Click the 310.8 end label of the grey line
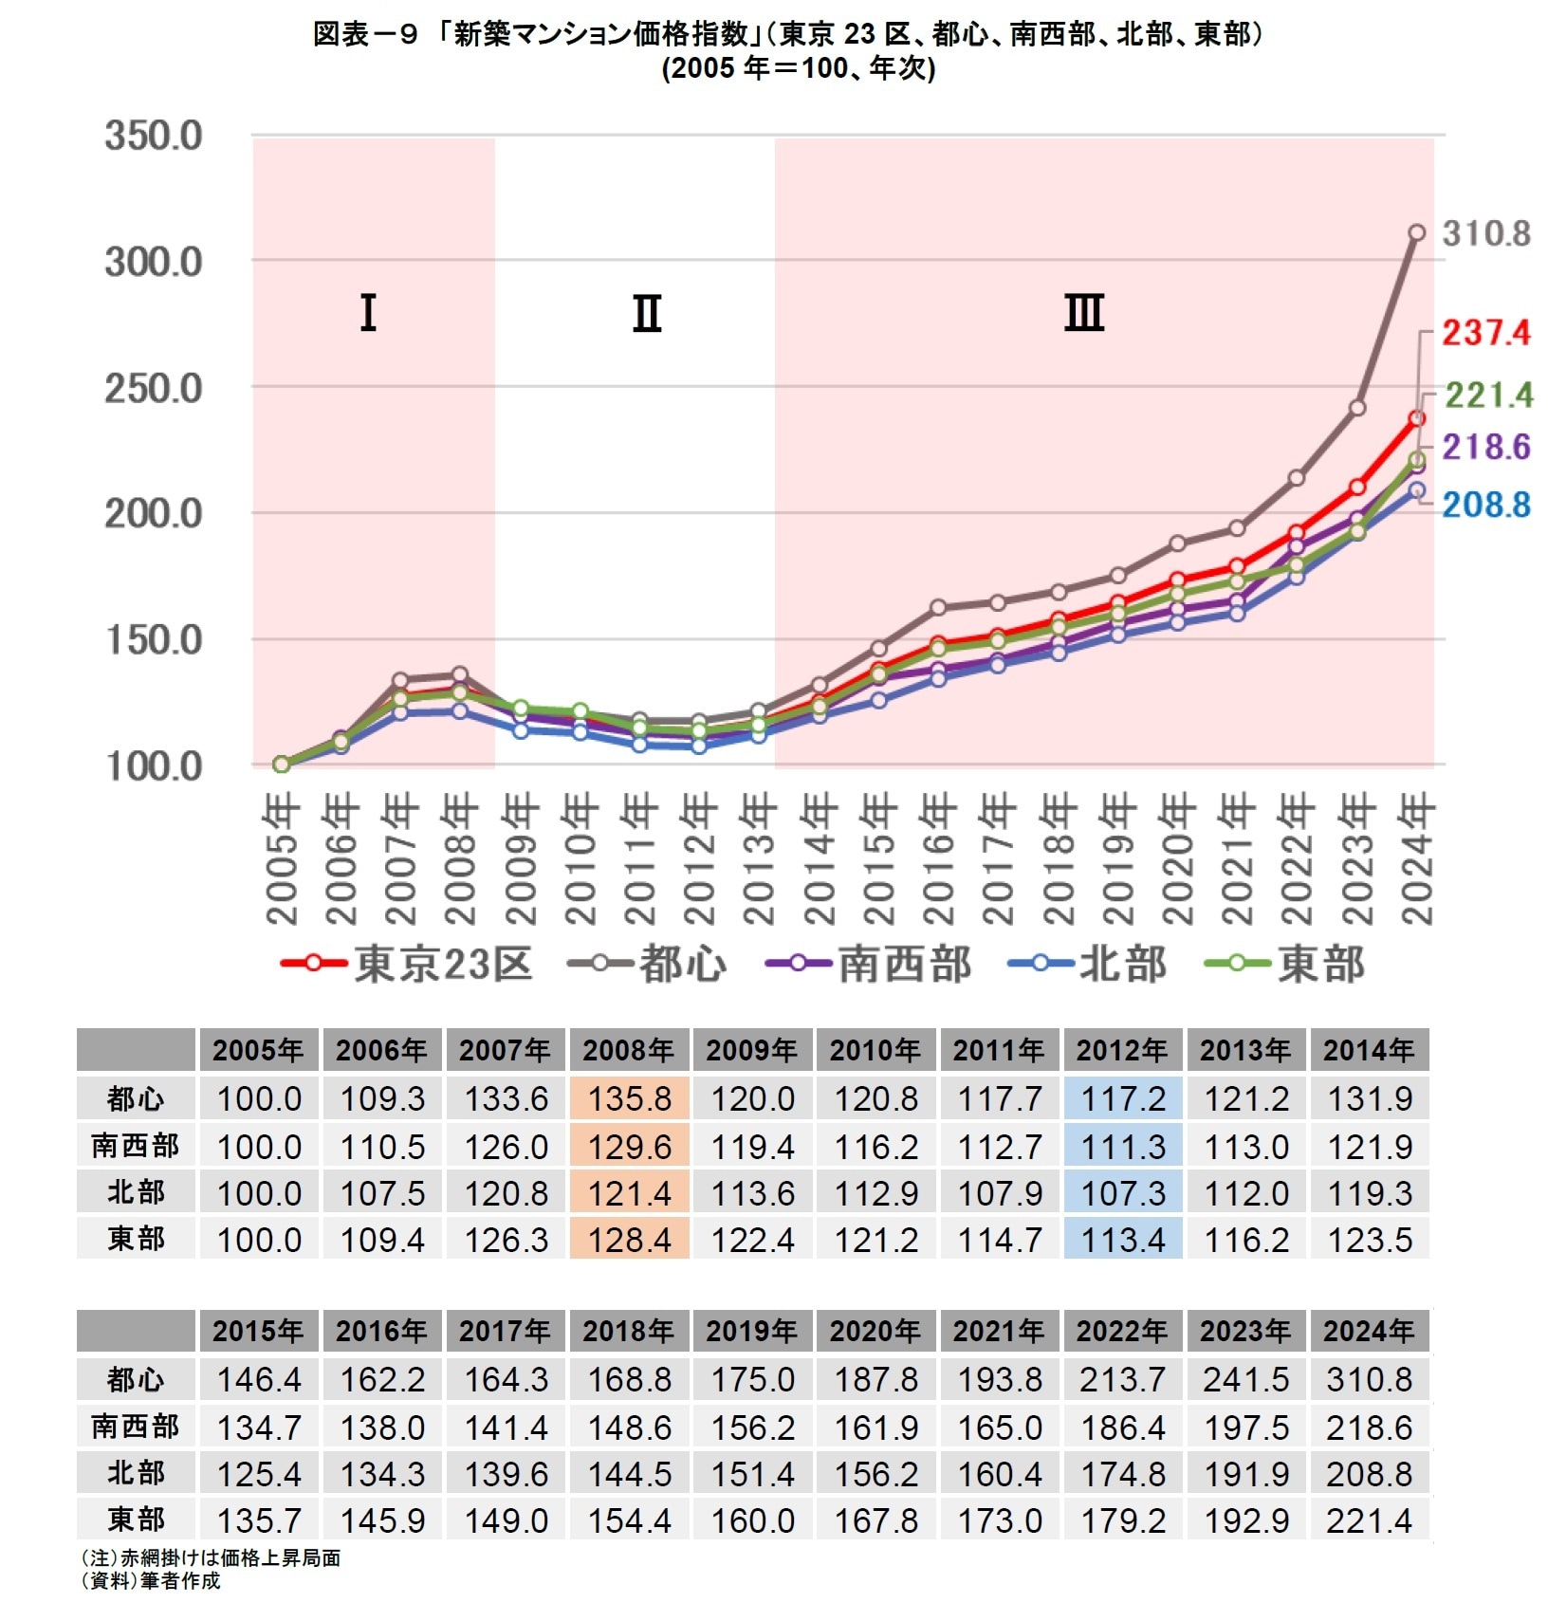click(x=1485, y=233)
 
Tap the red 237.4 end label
click(x=1485, y=333)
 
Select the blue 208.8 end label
click(x=1485, y=505)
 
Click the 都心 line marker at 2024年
click(x=1416, y=232)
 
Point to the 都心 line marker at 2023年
click(x=1356, y=408)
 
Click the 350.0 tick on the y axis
click(x=153, y=136)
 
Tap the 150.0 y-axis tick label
click(x=153, y=640)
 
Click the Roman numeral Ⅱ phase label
click(x=647, y=313)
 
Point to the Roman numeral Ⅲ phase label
click(x=1084, y=313)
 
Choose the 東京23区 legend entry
click(x=408, y=964)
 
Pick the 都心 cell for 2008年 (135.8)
click(x=629, y=1099)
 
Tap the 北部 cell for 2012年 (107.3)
click(x=1123, y=1193)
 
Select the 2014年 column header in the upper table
click(x=1369, y=1050)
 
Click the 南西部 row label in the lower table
click(x=136, y=1426)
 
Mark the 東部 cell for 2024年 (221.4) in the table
click(x=1369, y=1520)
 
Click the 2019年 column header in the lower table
click(x=752, y=1331)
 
